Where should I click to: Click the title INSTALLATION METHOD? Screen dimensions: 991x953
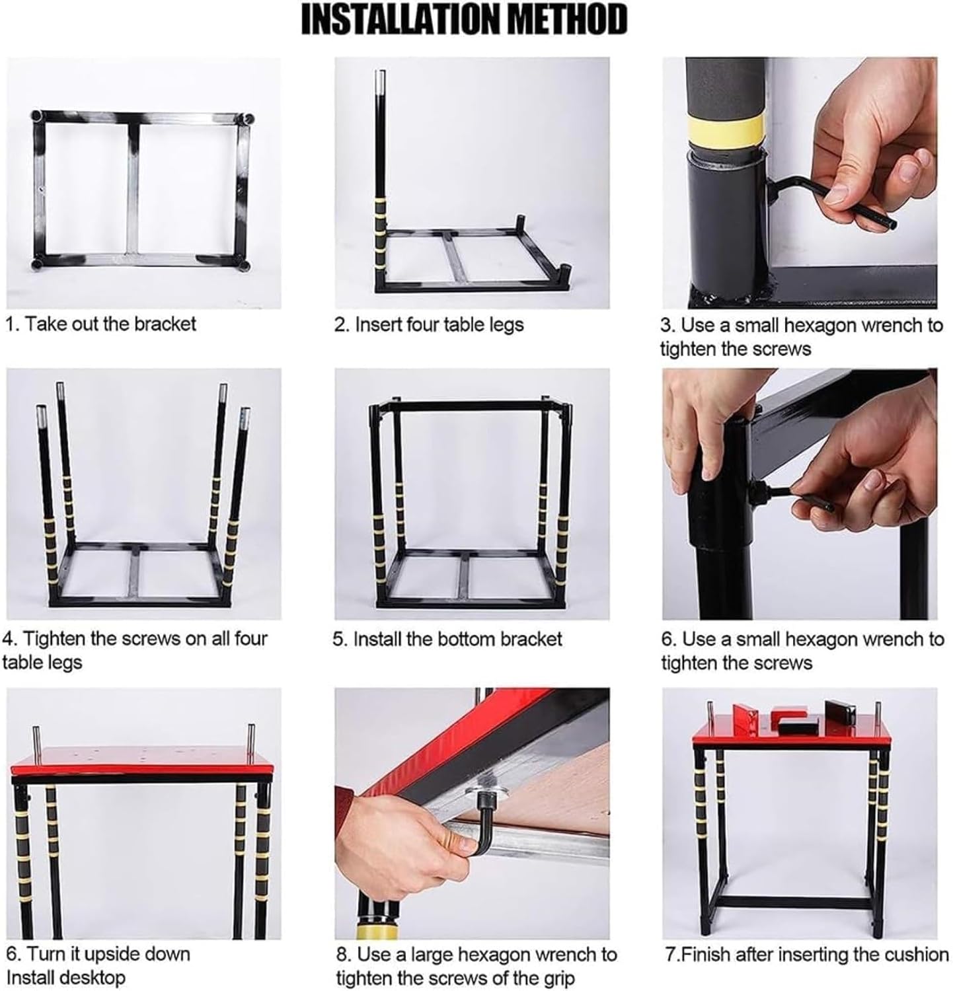pos(464,20)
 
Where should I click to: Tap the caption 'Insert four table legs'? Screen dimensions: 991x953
pos(429,324)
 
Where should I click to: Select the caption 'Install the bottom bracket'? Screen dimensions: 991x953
pos(447,639)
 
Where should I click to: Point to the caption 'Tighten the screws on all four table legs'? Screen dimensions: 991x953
pos(135,650)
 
